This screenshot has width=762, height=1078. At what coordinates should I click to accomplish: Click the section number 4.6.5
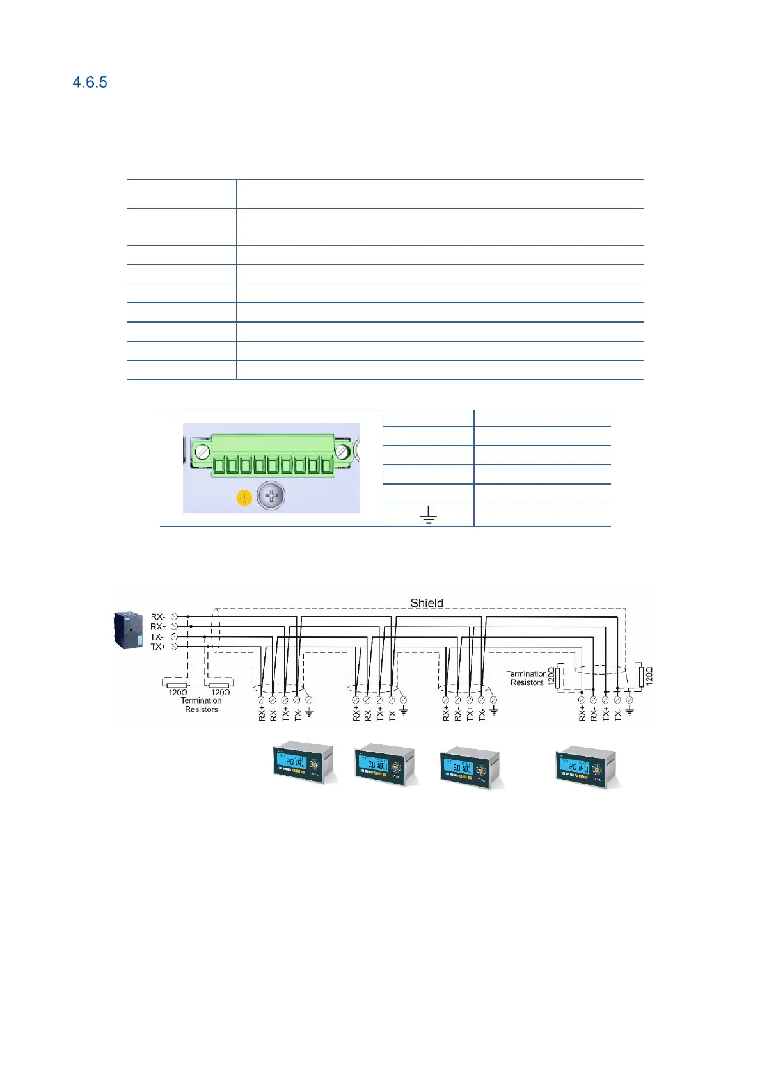tap(90, 83)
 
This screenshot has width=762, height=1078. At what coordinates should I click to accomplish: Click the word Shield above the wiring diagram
tap(427, 603)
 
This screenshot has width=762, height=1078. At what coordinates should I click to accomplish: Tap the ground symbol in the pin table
tap(428, 515)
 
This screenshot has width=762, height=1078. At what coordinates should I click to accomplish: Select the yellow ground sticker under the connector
tap(244, 498)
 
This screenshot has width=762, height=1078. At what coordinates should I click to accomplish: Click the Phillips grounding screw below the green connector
tap(271, 496)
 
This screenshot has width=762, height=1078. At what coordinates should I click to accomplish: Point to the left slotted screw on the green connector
tap(202, 451)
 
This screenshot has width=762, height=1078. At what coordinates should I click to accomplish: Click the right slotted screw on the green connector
tap(342, 451)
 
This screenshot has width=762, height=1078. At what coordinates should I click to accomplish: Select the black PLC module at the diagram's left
tap(127, 630)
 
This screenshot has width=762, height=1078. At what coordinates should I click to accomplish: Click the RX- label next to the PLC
tap(158, 617)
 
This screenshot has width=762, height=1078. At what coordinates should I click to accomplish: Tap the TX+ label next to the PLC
tap(158, 647)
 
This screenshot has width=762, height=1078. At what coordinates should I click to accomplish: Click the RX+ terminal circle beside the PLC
tap(174, 627)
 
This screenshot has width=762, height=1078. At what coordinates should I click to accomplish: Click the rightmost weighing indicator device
tap(585, 766)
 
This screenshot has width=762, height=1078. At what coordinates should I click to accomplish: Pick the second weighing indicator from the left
tap(385, 766)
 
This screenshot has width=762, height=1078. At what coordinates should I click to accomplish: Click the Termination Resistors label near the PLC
tap(201, 705)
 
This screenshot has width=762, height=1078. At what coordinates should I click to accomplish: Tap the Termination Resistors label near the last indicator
tap(527, 678)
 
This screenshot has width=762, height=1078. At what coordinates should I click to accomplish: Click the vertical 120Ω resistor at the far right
tap(640, 676)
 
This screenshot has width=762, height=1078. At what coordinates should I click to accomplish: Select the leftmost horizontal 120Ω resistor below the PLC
tap(176, 685)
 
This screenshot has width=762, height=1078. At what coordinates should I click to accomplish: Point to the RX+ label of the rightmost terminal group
tap(582, 714)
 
